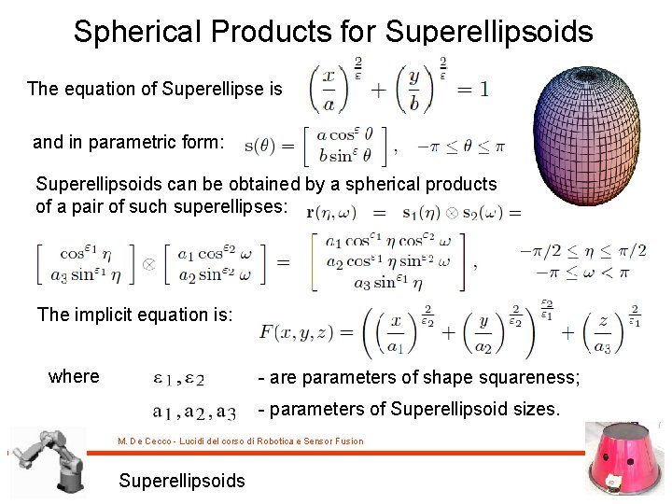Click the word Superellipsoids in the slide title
point(488,32)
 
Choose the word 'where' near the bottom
point(74,376)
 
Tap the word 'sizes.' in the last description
point(532,409)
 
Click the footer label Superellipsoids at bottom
point(182,481)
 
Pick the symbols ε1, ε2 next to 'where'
point(178,378)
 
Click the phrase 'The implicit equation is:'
point(134,315)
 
